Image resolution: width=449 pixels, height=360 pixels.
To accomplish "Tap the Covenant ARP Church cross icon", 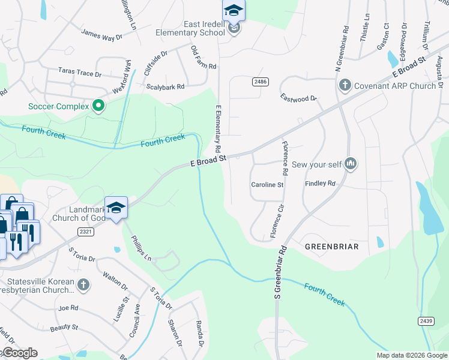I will [345, 85].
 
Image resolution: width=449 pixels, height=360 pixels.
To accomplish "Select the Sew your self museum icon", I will [351, 163].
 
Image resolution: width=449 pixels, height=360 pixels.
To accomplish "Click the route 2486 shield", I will [260, 82].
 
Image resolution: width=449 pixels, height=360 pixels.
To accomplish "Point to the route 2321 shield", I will [86, 230].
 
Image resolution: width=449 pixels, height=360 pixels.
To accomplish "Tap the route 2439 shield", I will [426, 322].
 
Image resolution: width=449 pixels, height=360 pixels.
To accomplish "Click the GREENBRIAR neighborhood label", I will [332, 247].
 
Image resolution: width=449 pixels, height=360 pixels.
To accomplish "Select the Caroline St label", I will [267, 185].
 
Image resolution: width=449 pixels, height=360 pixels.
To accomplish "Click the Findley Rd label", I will [320, 183].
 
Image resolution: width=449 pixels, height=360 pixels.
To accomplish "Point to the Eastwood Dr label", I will [298, 98].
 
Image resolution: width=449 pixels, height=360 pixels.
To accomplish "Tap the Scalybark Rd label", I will [166, 87].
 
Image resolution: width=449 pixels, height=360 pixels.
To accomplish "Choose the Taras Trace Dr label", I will [80, 73].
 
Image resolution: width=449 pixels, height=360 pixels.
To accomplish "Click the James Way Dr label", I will [101, 36].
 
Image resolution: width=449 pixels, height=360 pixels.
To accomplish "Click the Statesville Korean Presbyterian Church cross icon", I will [83, 285].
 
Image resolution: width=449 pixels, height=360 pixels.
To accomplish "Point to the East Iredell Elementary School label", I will [188, 28].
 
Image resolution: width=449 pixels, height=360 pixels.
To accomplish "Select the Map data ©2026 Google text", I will [411, 355].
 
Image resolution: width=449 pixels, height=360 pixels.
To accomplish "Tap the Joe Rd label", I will [68, 308].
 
